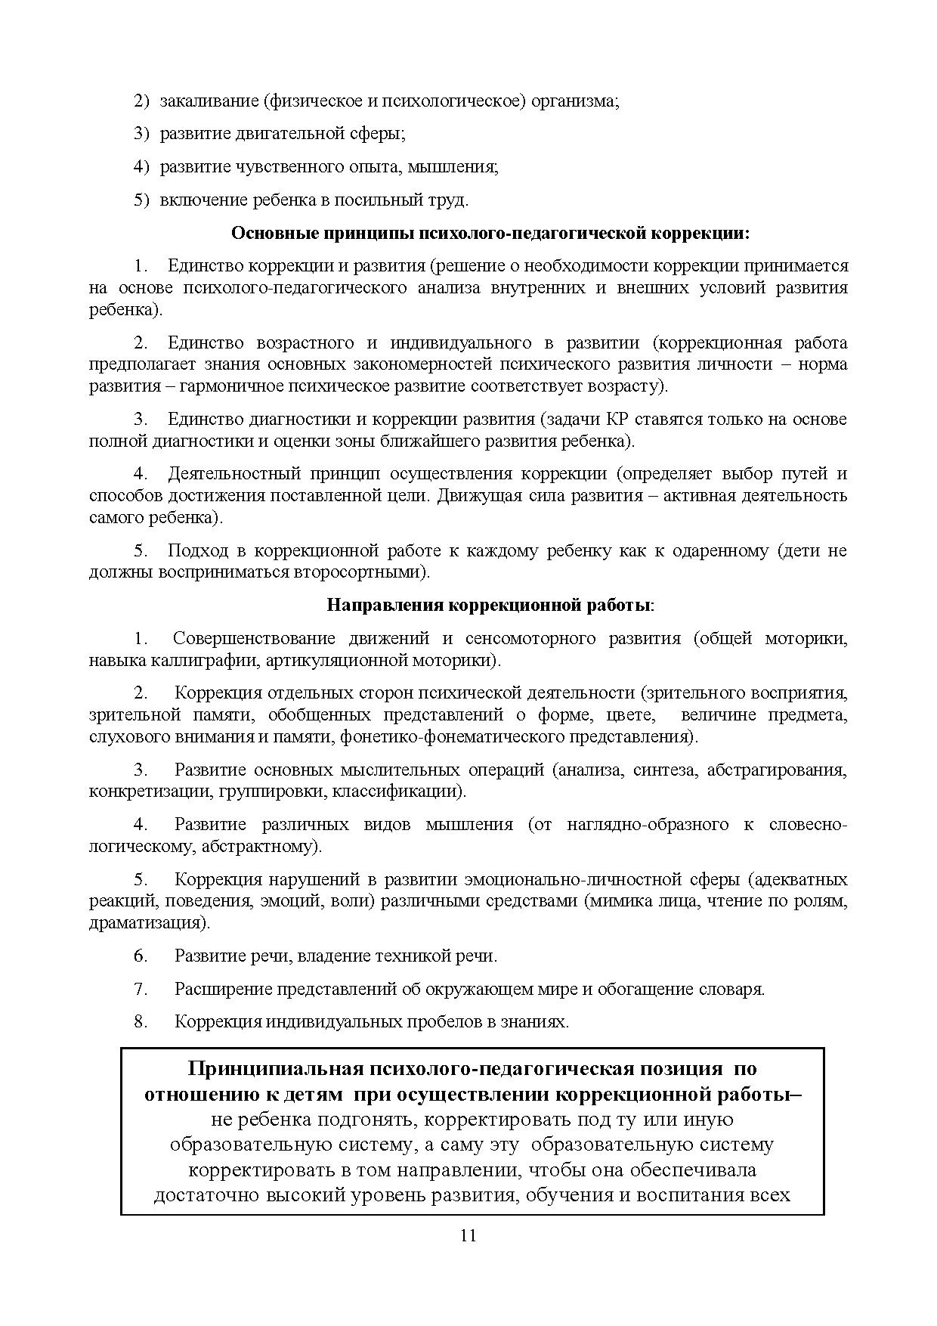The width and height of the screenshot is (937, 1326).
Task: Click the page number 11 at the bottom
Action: (x=468, y=1235)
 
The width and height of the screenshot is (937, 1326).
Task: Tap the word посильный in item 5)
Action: (x=379, y=200)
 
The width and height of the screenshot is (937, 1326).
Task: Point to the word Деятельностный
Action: (x=233, y=474)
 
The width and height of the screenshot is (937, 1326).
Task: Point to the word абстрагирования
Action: (x=781, y=770)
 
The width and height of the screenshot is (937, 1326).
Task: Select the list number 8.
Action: (x=141, y=1022)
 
